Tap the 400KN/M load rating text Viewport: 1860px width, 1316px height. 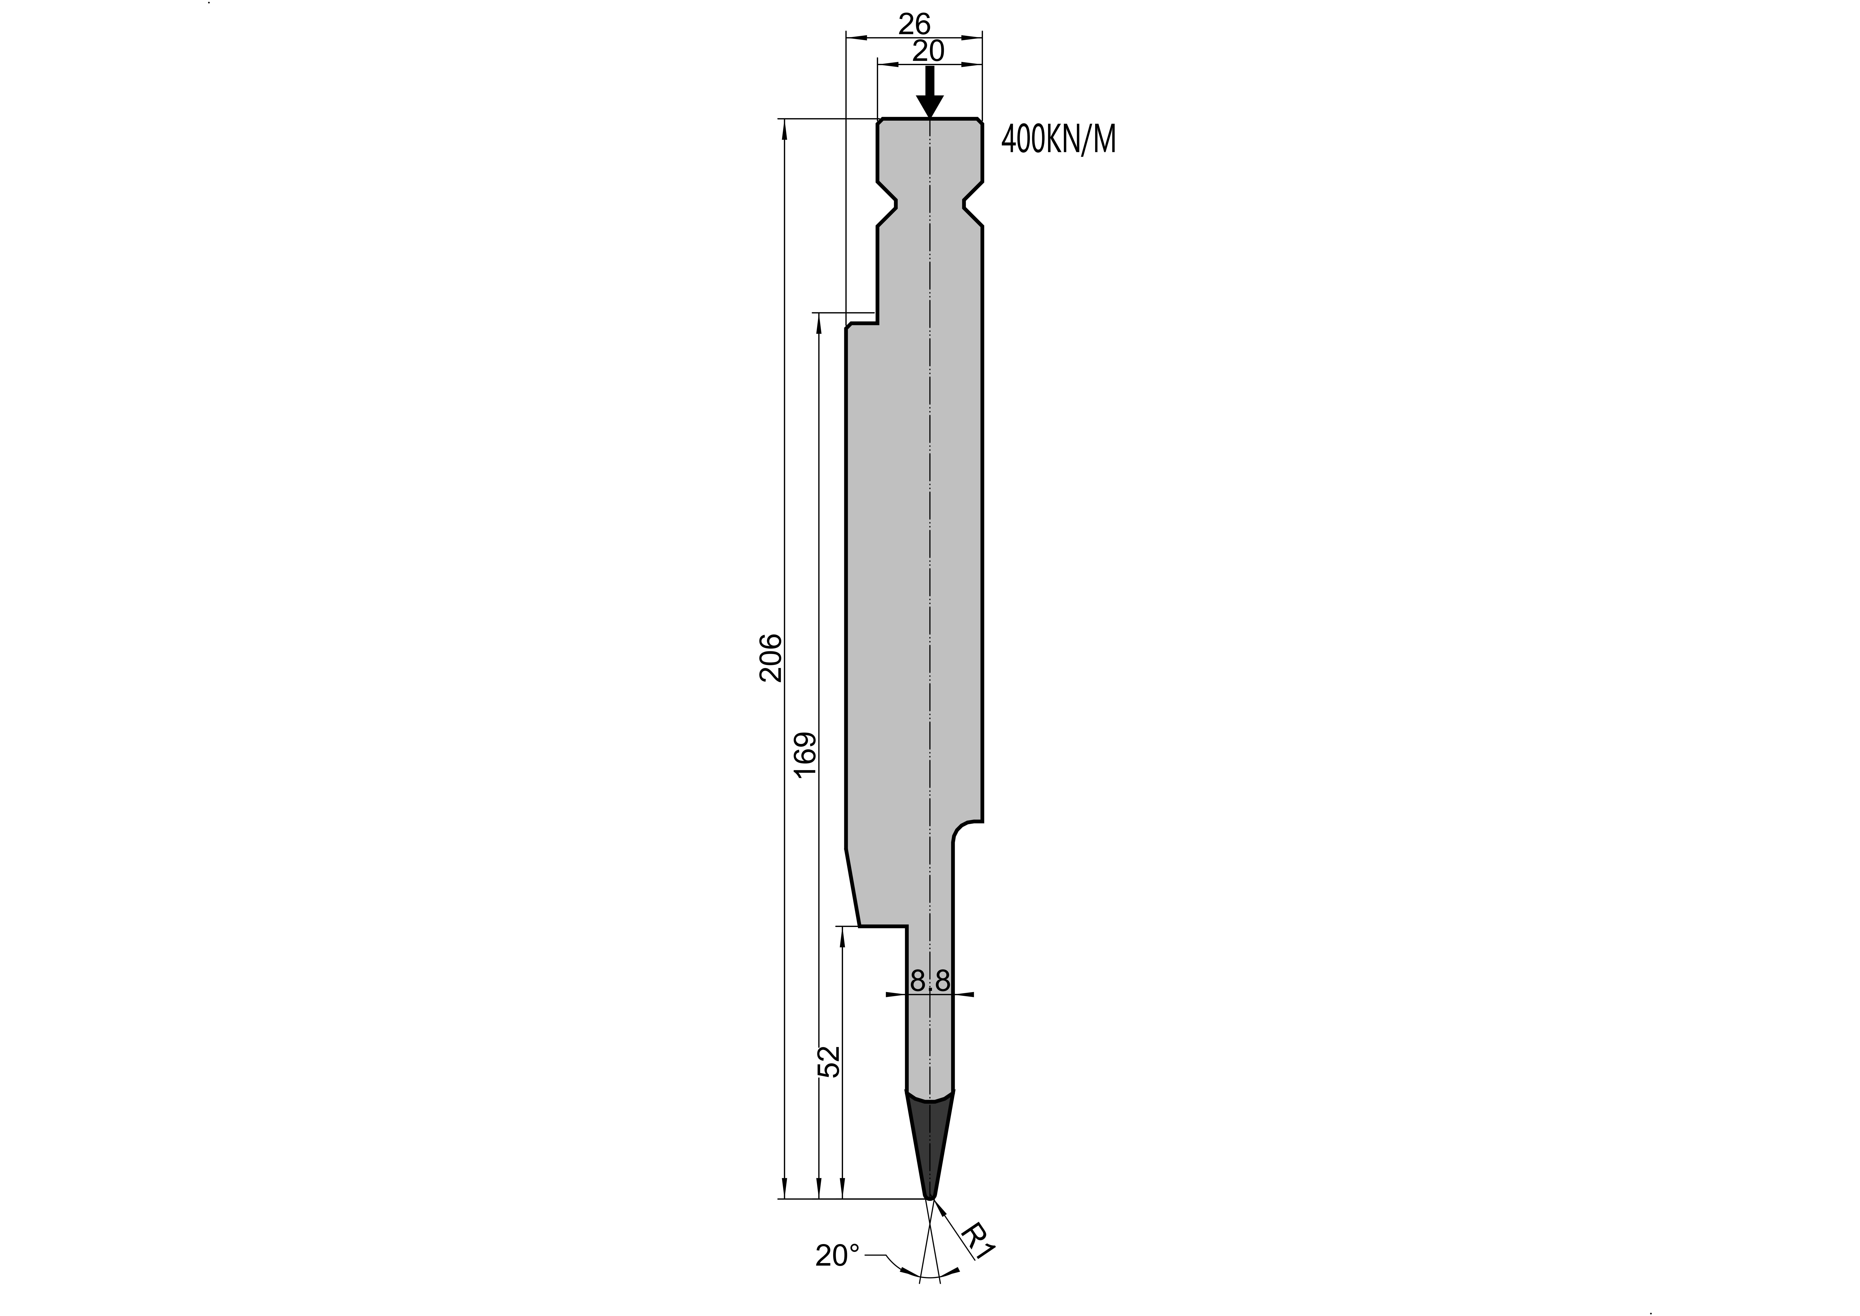click(x=1059, y=140)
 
